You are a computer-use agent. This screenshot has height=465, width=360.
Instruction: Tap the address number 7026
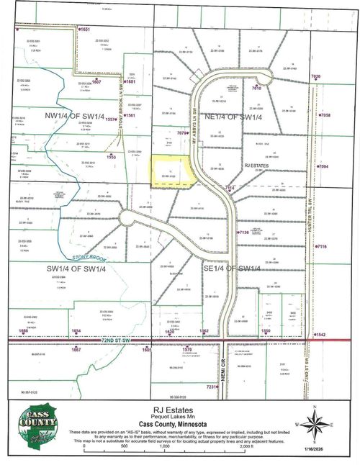(315, 76)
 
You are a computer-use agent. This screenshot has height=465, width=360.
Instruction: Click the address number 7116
(321, 247)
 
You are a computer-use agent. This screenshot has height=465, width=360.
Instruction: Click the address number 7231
(211, 387)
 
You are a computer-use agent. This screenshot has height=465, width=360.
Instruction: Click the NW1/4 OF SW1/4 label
(75, 115)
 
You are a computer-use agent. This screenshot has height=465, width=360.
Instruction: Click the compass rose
(315, 425)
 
